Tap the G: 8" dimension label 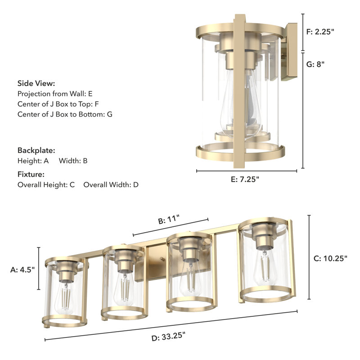click(315, 64)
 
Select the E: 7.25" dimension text click(245, 179)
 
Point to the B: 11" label click(169, 221)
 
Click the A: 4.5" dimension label click(22, 270)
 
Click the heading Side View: click(36, 83)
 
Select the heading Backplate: click(36, 150)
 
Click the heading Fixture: click(31, 174)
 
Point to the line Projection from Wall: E click(55, 94)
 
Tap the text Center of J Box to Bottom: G click(65, 114)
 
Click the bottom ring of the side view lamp click(240, 153)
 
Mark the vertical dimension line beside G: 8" click(303, 110)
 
